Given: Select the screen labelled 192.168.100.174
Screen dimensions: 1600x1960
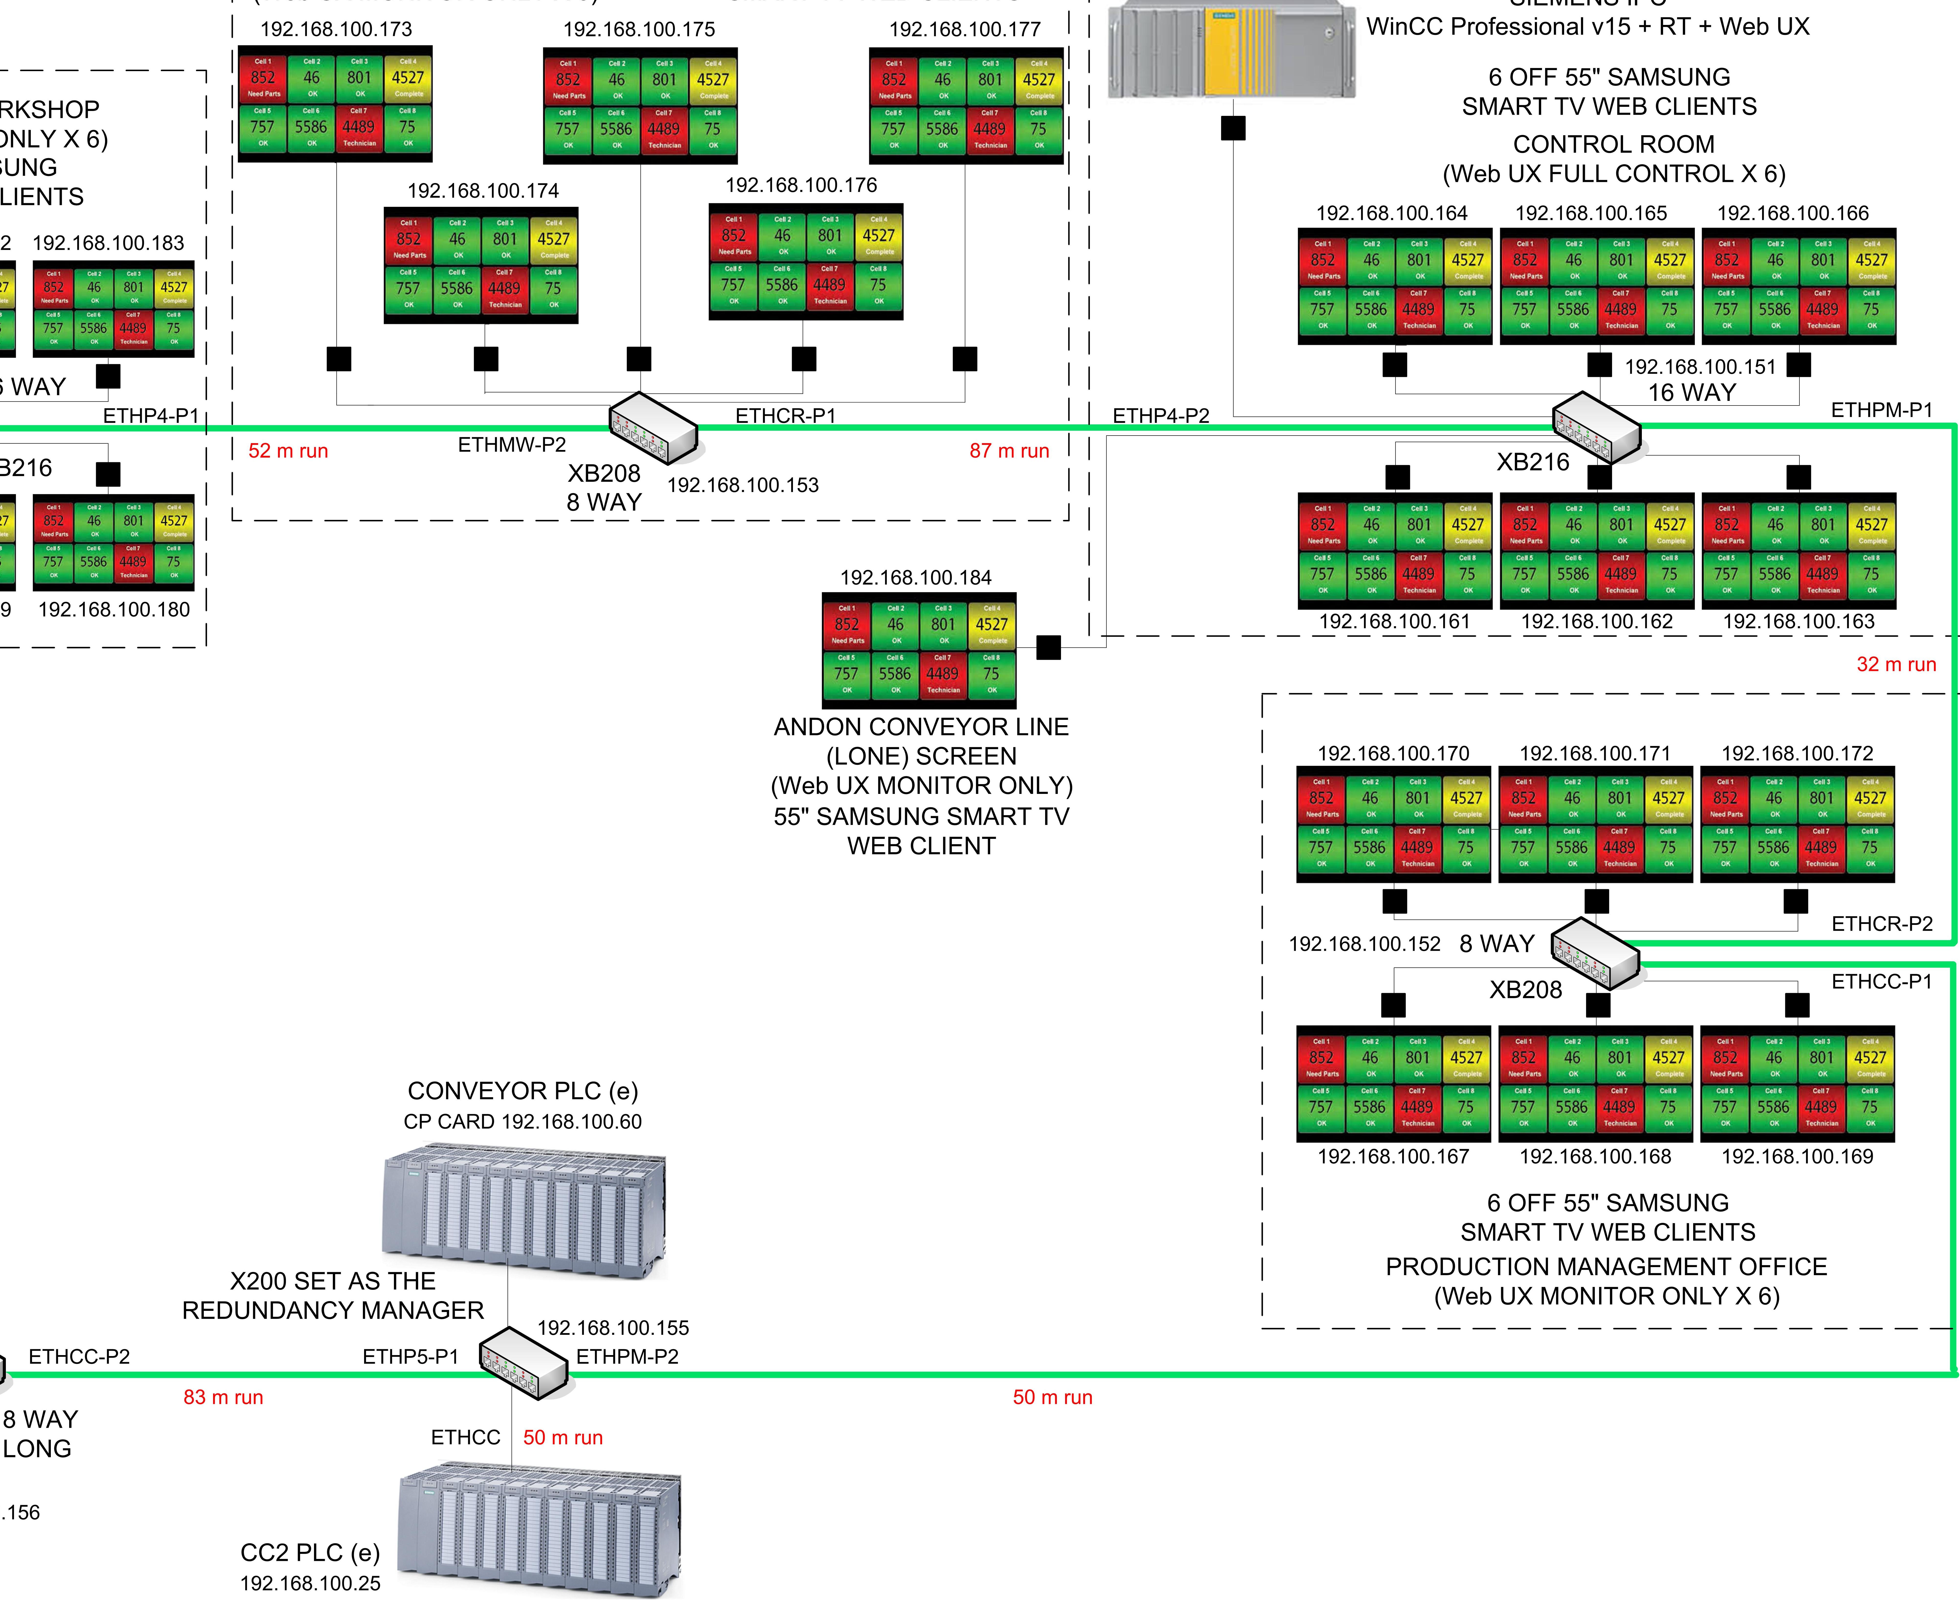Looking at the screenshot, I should pos(481,265).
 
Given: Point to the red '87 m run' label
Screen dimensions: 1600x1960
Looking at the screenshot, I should pos(1009,451).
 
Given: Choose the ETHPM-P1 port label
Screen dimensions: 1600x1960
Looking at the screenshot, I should pos(1881,410).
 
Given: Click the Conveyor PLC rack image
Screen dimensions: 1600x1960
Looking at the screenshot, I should pos(523,1209).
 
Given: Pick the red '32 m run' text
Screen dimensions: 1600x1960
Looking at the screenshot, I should pos(1895,665).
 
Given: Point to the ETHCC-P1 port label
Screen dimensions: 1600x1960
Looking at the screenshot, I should pos(1881,982).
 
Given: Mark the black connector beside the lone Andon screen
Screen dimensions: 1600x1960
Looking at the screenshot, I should pos(1048,648).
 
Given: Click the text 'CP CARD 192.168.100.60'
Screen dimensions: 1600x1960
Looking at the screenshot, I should pos(522,1122).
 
